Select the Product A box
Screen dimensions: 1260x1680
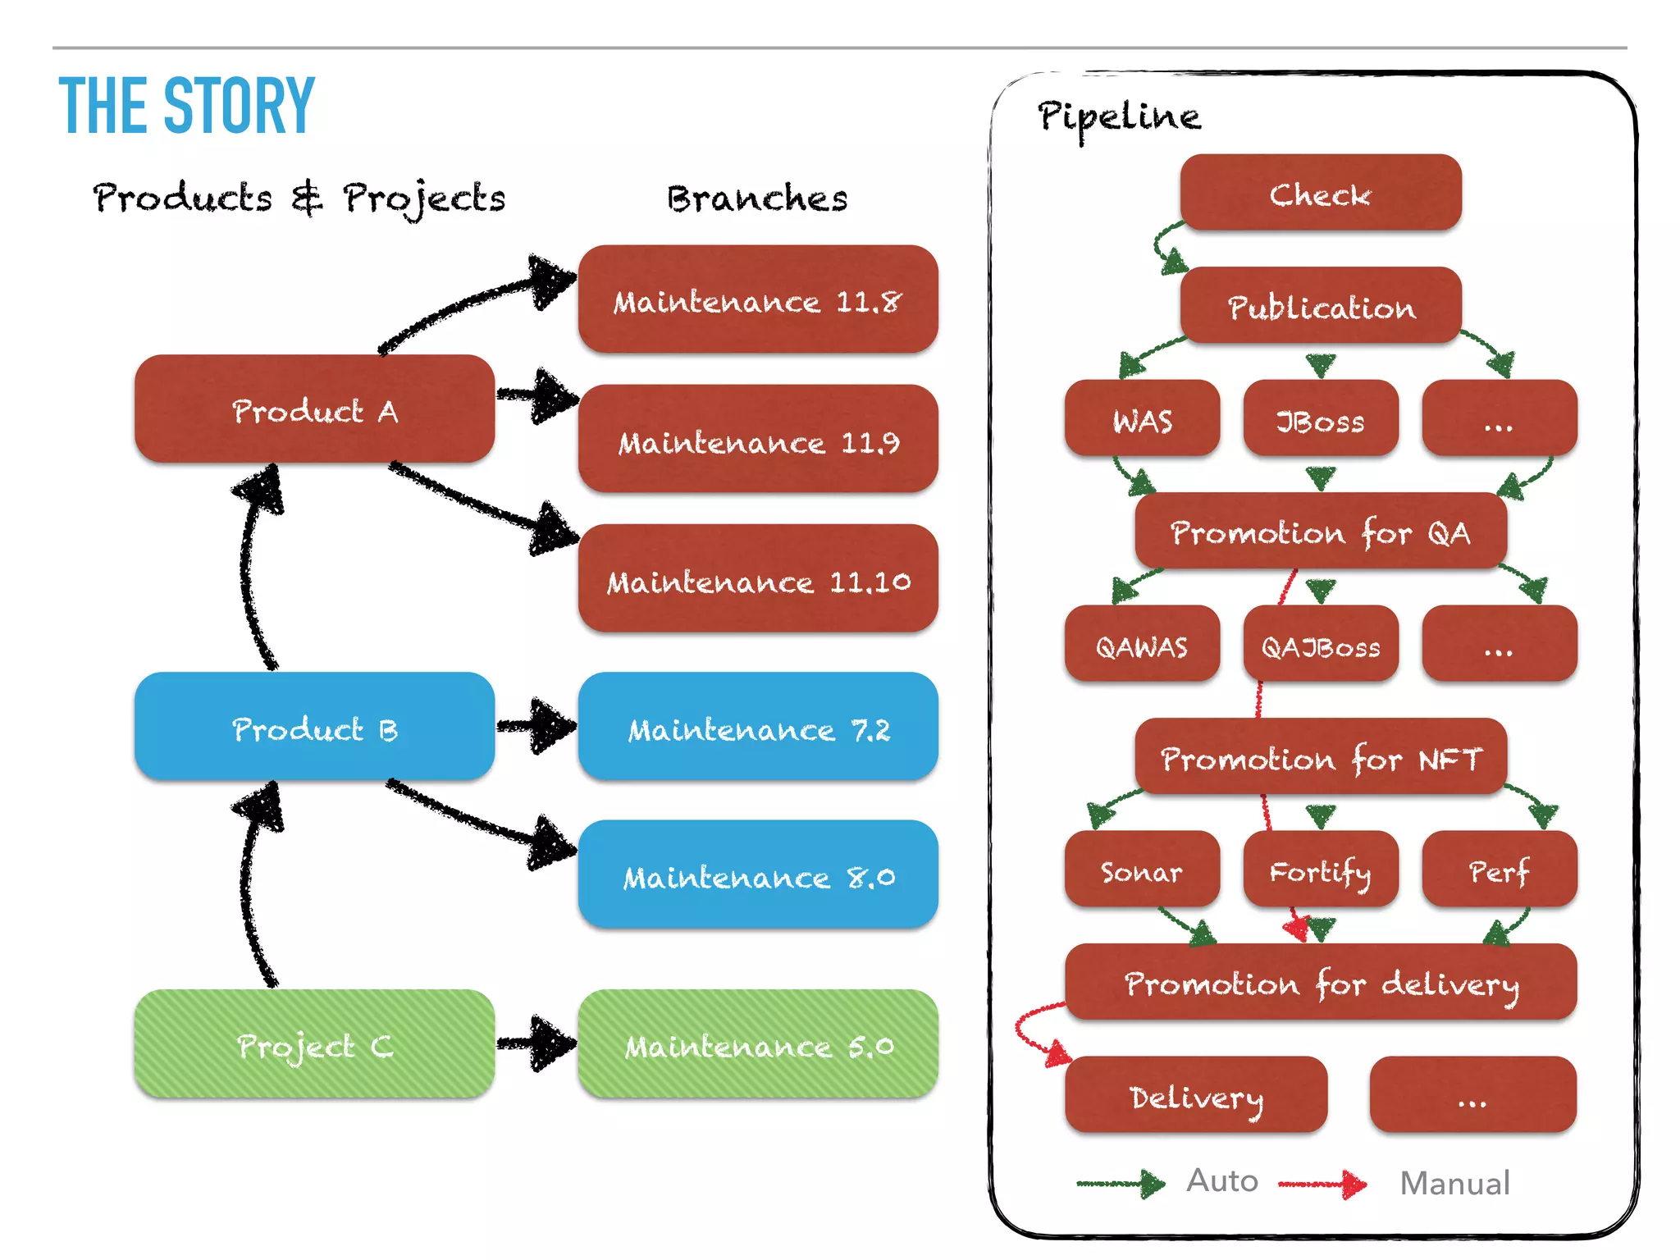pyautogui.click(x=314, y=409)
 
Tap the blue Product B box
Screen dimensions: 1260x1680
pyautogui.click(x=314, y=727)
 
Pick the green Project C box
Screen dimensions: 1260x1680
pyautogui.click(x=314, y=1044)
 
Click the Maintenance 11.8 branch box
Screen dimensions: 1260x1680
pyautogui.click(x=757, y=300)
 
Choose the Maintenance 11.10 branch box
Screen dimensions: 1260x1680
pyautogui.click(x=757, y=579)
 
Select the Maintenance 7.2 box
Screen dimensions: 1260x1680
pyautogui.click(x=757, y=727)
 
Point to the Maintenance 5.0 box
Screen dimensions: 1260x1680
pyautogui.click(x=757, y=1044)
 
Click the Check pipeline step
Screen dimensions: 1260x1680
pyautogui.click(x=1320, y=193)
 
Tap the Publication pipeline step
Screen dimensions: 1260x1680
pyautogui.click(x=1320, y=306)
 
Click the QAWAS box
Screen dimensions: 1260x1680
pyautogui.click(x=1141, y=645)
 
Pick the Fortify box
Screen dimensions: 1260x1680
pyautogui.click(x=1320, y=870)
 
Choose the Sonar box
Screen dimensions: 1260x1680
pyautogui.click(x=1141, y=870)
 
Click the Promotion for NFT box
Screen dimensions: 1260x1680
pyautogui.click(x=1320, y=756)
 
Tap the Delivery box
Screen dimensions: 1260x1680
pyautogui.click(x=1195, y=1095)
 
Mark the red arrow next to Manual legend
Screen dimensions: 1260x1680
pyautogui.click(x=1322, y=1184)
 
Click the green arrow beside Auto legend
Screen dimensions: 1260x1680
pyautogui.click(x=1121, y=1184)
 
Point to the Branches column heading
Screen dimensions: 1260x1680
pyautogui.click(x=756, y=199)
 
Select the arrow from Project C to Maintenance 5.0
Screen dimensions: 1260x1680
pyautogui.click(x=536, y=1043)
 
